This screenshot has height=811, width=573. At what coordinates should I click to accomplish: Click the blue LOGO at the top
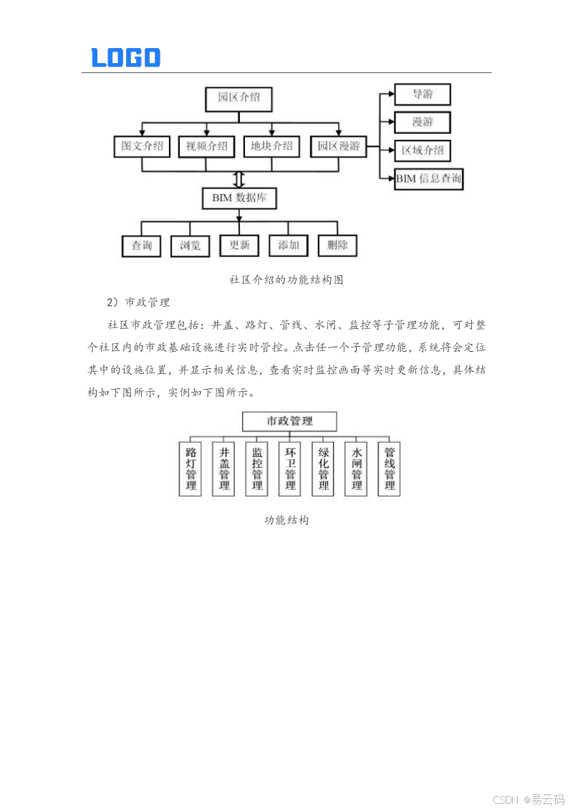(126, 58)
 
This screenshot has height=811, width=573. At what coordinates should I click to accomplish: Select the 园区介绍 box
(239, 98)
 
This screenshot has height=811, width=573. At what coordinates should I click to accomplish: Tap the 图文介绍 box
(142, 147)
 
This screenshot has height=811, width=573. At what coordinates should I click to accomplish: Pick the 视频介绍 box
(206, 147)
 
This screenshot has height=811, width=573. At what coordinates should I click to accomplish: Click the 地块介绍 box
(271, 147)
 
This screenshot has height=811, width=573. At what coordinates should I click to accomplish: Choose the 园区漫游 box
(338, 147)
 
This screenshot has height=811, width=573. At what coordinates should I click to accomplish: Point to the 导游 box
(423, 95)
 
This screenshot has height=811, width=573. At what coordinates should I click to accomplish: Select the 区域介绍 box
(423, 151)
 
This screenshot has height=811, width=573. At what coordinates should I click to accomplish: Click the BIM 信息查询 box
(428, 179)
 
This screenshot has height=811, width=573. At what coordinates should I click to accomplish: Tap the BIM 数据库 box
(239, 198)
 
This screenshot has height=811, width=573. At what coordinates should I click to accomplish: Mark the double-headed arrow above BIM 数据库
(239, 178)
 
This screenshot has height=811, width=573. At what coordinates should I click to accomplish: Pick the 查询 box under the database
(141, 246)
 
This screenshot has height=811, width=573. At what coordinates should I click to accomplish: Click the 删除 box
(337, 246)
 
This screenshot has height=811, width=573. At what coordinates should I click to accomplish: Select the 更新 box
(239, 246)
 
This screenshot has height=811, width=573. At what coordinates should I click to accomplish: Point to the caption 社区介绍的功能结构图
(286, 280)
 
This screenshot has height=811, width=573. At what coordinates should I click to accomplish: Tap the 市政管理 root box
(289, 421)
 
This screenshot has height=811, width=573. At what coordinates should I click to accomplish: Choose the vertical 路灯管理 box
(191, 469)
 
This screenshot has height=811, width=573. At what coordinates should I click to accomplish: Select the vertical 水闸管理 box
(357, 469)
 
